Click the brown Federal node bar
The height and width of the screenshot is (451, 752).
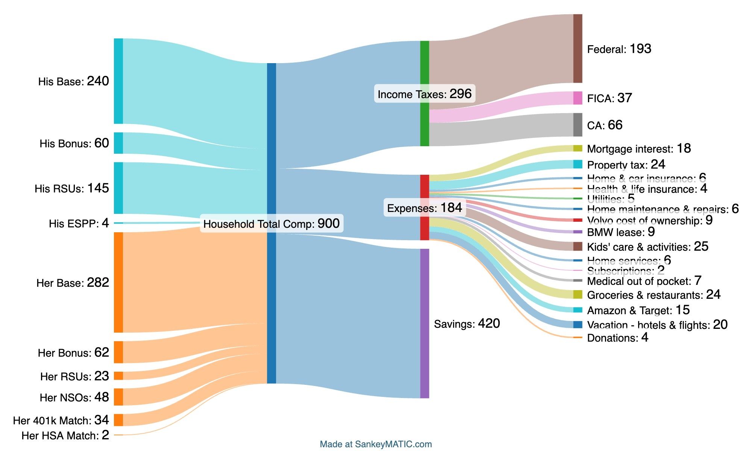tap(578, 48)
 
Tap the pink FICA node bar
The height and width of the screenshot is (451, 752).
tap(578, 98)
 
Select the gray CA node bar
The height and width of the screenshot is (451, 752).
tap(578, 125)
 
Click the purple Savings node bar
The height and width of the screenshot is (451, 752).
tap(425, 323)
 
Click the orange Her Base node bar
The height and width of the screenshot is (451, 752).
tap(118, 282)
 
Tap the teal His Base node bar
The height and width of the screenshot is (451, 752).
tap(118, 81)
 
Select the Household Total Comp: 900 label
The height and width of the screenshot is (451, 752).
tap(271, 224)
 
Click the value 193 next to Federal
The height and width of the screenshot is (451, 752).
tap(640, 49)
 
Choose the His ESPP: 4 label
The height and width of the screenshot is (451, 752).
tap(79, 224)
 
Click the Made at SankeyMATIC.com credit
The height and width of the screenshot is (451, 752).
tap(376, 444)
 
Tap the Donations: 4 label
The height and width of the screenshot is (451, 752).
tap(617, 337)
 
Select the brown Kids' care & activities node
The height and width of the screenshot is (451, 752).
tap(578, 246)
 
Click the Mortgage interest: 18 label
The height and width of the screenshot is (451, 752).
tap(639, 149)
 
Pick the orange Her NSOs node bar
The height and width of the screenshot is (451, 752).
tap(118, 397)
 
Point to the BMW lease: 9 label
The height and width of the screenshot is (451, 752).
tap(621, 232)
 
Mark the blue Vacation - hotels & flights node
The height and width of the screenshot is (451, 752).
tap(578, 324)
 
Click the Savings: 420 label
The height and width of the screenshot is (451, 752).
tap(467, 324)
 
